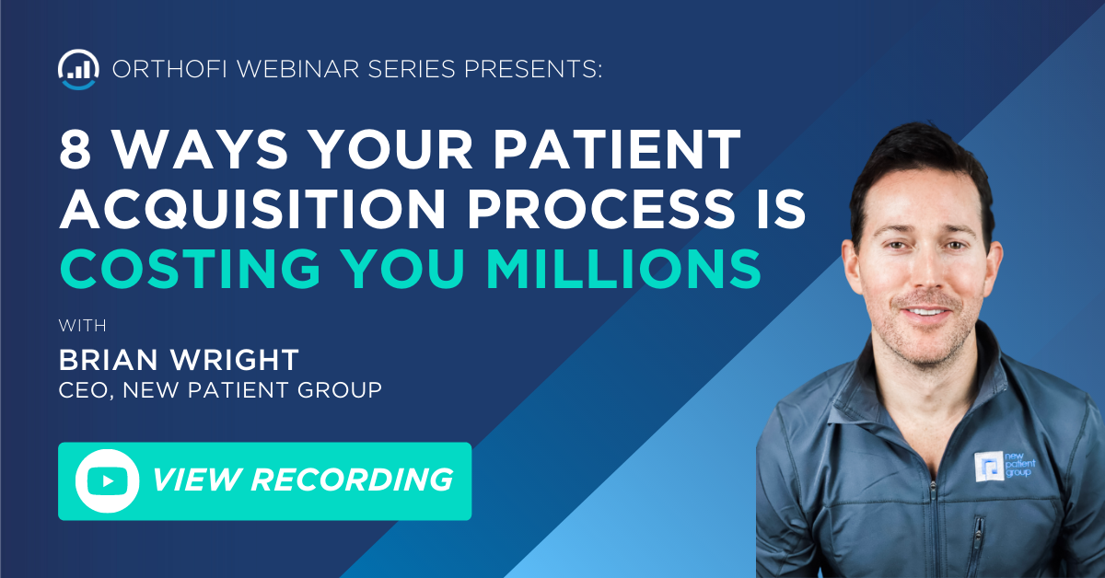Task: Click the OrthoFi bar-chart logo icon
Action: click(x=78, y=70)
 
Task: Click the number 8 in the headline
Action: click(x=75, y=149)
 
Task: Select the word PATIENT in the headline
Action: click(x=617, y=149)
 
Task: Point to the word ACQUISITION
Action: click(x=252, y=210)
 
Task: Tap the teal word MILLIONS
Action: click(x=624, y=269)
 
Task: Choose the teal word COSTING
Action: click(x=191, y=269)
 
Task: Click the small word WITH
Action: click(x=82, y=326)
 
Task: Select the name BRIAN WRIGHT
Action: click(x=179, y=360)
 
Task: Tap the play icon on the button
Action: click(x=108, y=480)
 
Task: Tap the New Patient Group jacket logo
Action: click(x=1005, y=466)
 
